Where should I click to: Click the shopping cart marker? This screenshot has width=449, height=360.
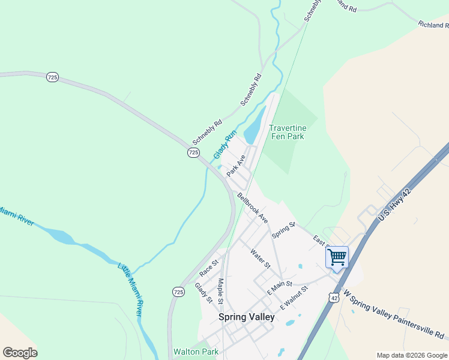tap(337, 257)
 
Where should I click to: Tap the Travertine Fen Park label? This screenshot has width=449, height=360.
tap(288, 133)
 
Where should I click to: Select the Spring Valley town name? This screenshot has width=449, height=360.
tap(246, 317)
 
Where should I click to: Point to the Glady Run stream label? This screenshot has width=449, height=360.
tap(225, 144)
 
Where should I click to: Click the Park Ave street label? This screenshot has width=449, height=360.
tap(236, 166)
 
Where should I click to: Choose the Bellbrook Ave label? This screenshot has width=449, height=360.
tap(252, 208)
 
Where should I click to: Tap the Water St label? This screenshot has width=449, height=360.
tap(261, 258)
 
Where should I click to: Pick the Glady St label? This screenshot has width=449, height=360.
tap(204, 292)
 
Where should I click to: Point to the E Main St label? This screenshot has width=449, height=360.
tap(280, 287)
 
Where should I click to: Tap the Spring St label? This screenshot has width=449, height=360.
tap(284, 229)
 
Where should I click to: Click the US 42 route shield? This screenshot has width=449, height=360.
tap(334, 297)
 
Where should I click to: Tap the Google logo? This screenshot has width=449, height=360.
tap(20, 353)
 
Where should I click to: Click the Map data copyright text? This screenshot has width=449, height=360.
tap(411, 355)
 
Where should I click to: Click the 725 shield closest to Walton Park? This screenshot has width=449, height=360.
tap(178, 292)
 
